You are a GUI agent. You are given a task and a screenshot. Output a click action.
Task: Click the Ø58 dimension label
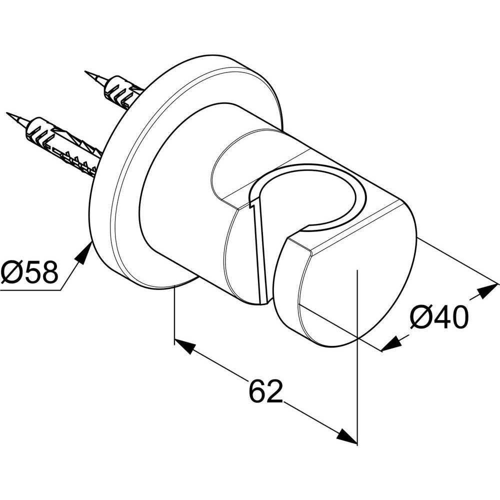(x=29, y=272)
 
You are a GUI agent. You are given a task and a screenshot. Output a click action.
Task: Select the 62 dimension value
(x=266, y=391)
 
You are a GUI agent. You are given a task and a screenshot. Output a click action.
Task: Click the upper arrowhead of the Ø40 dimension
(x=486, y=289)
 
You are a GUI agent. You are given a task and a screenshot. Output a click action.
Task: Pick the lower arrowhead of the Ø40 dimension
(x=391, y=344)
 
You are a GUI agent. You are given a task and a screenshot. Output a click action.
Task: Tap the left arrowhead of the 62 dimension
(x=184, y=346)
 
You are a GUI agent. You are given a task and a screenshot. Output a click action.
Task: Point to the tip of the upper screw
(x=85, y=71)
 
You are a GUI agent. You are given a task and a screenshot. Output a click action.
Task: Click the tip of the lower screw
(x=7, y=112)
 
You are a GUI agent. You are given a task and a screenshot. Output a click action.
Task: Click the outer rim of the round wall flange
(x=105, y=204)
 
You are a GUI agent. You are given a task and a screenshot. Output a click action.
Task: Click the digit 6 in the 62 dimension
(x=257, y=391)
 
